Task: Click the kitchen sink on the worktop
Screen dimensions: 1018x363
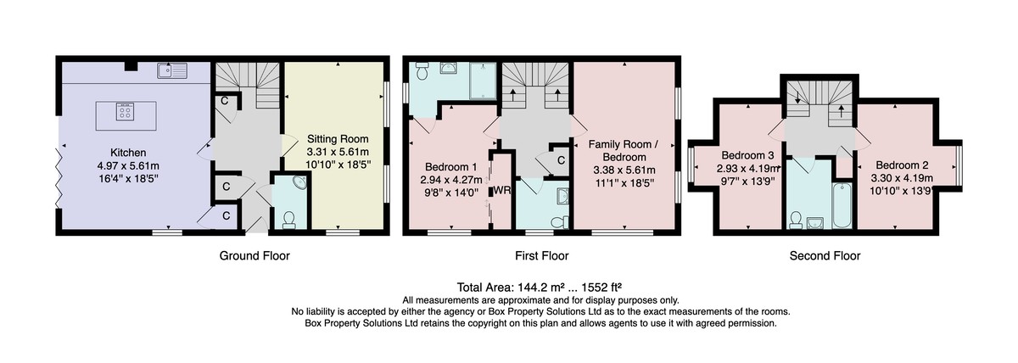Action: tap(172, 71)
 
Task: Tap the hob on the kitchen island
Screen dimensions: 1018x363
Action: tap(125, 111)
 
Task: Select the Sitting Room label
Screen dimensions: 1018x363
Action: tap(338, 139)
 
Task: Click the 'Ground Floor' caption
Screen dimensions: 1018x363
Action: tap(255, 256)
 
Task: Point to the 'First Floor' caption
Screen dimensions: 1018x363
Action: tap(542, 256)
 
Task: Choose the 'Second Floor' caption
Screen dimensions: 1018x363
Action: tap(825, 256)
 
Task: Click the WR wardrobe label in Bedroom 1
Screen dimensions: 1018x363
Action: tap(502, 190)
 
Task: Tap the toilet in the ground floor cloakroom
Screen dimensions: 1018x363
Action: tap(288, 221)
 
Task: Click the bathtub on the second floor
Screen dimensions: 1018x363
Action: tap(842, 205)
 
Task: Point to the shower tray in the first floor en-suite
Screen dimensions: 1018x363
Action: tap(483, 81)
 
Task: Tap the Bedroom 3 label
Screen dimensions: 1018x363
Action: tap(747, 155)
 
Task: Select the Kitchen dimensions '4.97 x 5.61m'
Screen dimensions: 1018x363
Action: tap(128, 166)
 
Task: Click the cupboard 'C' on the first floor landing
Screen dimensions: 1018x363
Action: tap(562, 160)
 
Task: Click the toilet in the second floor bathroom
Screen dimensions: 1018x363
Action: tap(796, 221)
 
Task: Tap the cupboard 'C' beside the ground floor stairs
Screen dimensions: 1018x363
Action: tap(225, 101)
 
